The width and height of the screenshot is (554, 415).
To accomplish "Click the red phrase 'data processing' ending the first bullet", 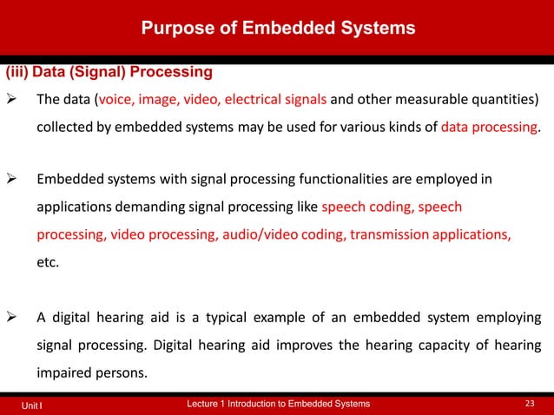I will click(x=489, y=127).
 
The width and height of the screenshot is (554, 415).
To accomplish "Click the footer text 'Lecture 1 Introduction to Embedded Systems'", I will click(x=279, y=404).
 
